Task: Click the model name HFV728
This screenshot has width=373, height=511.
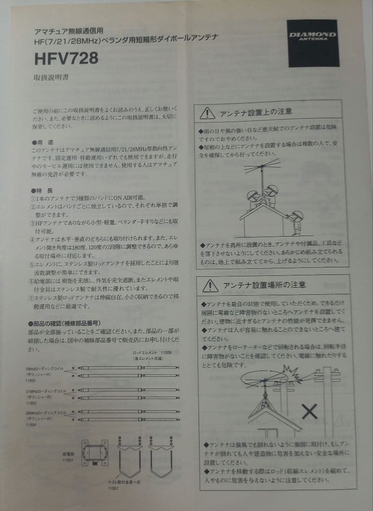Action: (x=66, y=58)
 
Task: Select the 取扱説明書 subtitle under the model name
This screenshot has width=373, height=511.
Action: (x=51, y=77)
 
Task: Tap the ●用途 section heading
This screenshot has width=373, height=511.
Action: (x=43, y=142)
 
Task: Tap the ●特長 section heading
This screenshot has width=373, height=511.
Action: (x=43, y=190)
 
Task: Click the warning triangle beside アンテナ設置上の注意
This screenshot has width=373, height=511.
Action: (x=207, y=113)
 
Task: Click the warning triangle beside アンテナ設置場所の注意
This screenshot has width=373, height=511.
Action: (x=210, y=286)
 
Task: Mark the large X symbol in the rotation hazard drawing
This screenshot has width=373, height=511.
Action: (x=310, y=412)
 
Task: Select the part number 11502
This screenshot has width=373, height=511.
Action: (x=31, y=380)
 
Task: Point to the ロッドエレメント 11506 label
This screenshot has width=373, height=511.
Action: (x=152, y=352)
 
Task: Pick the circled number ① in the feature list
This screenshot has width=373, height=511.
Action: (x=34, y=198)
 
